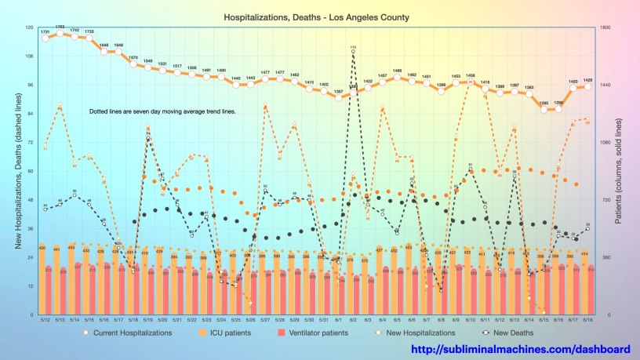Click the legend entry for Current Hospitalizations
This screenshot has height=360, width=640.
point(126,333)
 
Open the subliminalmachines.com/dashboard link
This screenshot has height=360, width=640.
point(521,349)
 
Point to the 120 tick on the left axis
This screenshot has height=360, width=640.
point(30,28)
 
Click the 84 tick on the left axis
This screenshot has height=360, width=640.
point(31,114)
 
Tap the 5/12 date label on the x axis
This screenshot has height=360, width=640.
point(45,320)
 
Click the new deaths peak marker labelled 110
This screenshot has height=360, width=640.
point(354,52)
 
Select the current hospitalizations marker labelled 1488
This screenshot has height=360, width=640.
point(398,77)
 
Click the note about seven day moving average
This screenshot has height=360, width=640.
point(162,112)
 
